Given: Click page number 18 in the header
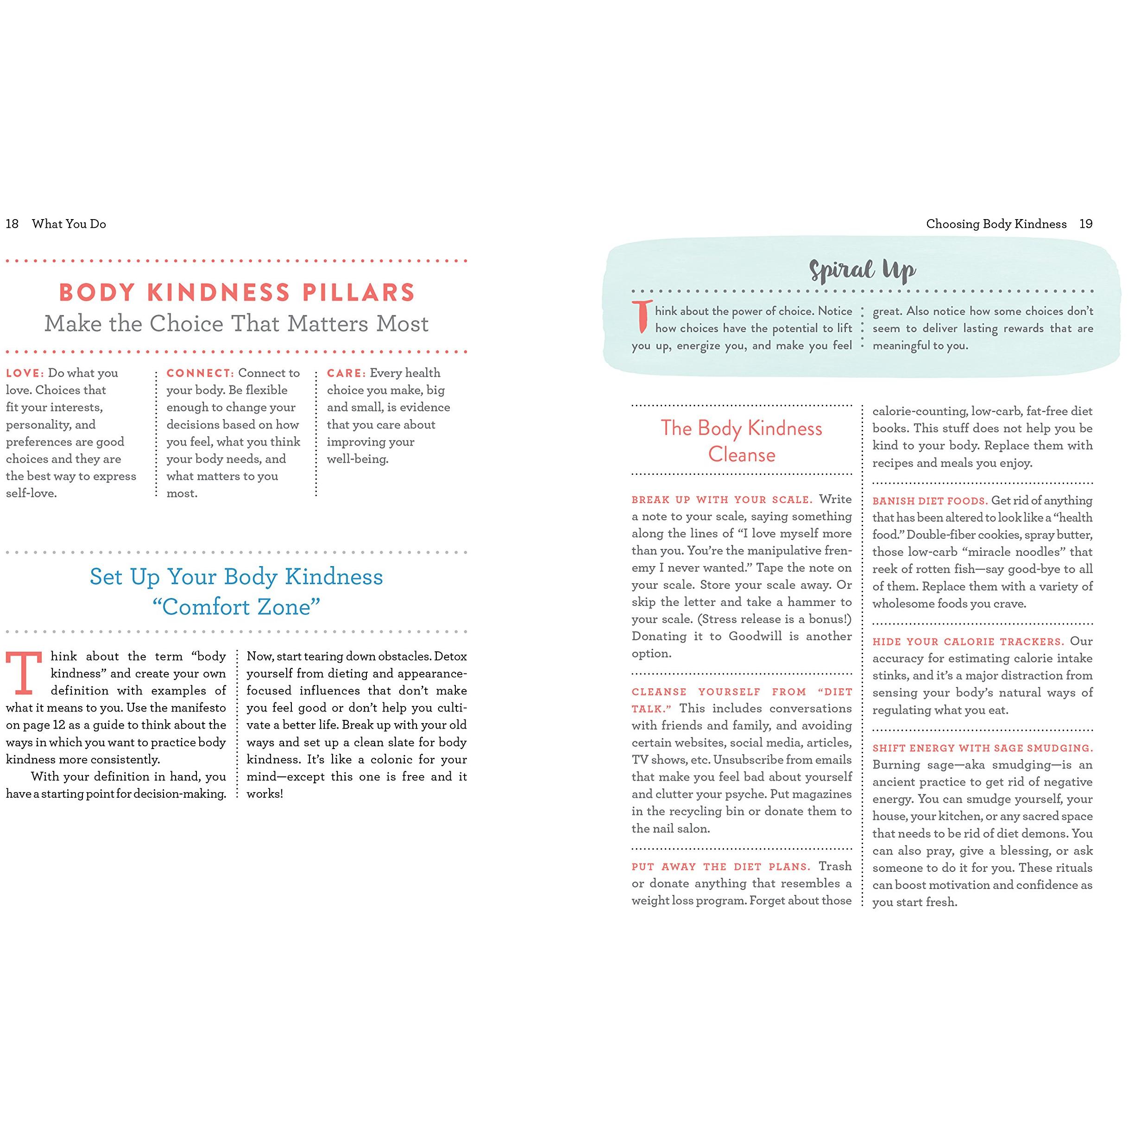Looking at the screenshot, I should (x=12, y=224).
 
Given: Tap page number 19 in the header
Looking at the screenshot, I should (x=1085, y=224).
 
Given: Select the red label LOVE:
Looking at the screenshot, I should (x=25, y=373).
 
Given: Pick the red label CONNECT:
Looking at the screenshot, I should (x=200, y=373).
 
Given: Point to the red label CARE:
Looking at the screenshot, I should (x=346, y=373).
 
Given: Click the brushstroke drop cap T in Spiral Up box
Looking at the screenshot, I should (x=642, y=316).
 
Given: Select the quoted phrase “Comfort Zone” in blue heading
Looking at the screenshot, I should (x=236, y=607).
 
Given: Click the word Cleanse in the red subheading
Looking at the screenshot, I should (x=742, y=454).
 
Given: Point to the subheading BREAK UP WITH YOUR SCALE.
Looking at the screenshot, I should (x=722, y=500).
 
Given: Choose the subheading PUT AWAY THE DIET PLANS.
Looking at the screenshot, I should (x=721, y=867).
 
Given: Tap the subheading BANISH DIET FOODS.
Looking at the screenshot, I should (x=929, y=501).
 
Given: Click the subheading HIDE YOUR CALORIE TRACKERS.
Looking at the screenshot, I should (x=968, y=642).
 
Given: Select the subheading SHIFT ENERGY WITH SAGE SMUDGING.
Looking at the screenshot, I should (x=983, y=748).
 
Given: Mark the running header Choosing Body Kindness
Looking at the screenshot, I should (x=996, y=224).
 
